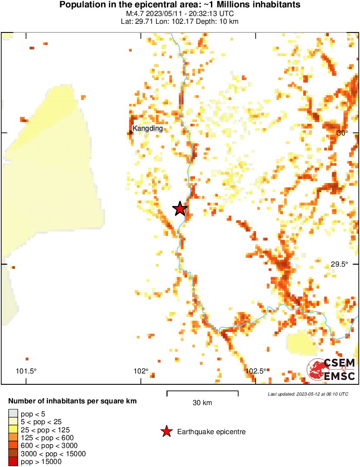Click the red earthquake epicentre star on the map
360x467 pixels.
[180, 209]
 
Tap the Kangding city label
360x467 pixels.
[148, 128]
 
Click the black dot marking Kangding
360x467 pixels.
[131, 132]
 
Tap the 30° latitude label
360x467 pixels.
[343, 133]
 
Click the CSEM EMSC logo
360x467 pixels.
[331, 370]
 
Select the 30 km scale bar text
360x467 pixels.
[202, 403]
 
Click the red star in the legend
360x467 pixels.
[166, 432]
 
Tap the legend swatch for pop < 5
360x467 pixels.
[13, 414]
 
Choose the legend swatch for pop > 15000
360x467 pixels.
[13, 462]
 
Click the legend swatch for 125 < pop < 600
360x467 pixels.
[13, 438]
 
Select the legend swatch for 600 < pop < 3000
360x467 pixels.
[13, 446]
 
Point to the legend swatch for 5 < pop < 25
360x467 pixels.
[13, 422]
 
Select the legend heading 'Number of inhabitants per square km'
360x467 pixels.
[72, 401]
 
